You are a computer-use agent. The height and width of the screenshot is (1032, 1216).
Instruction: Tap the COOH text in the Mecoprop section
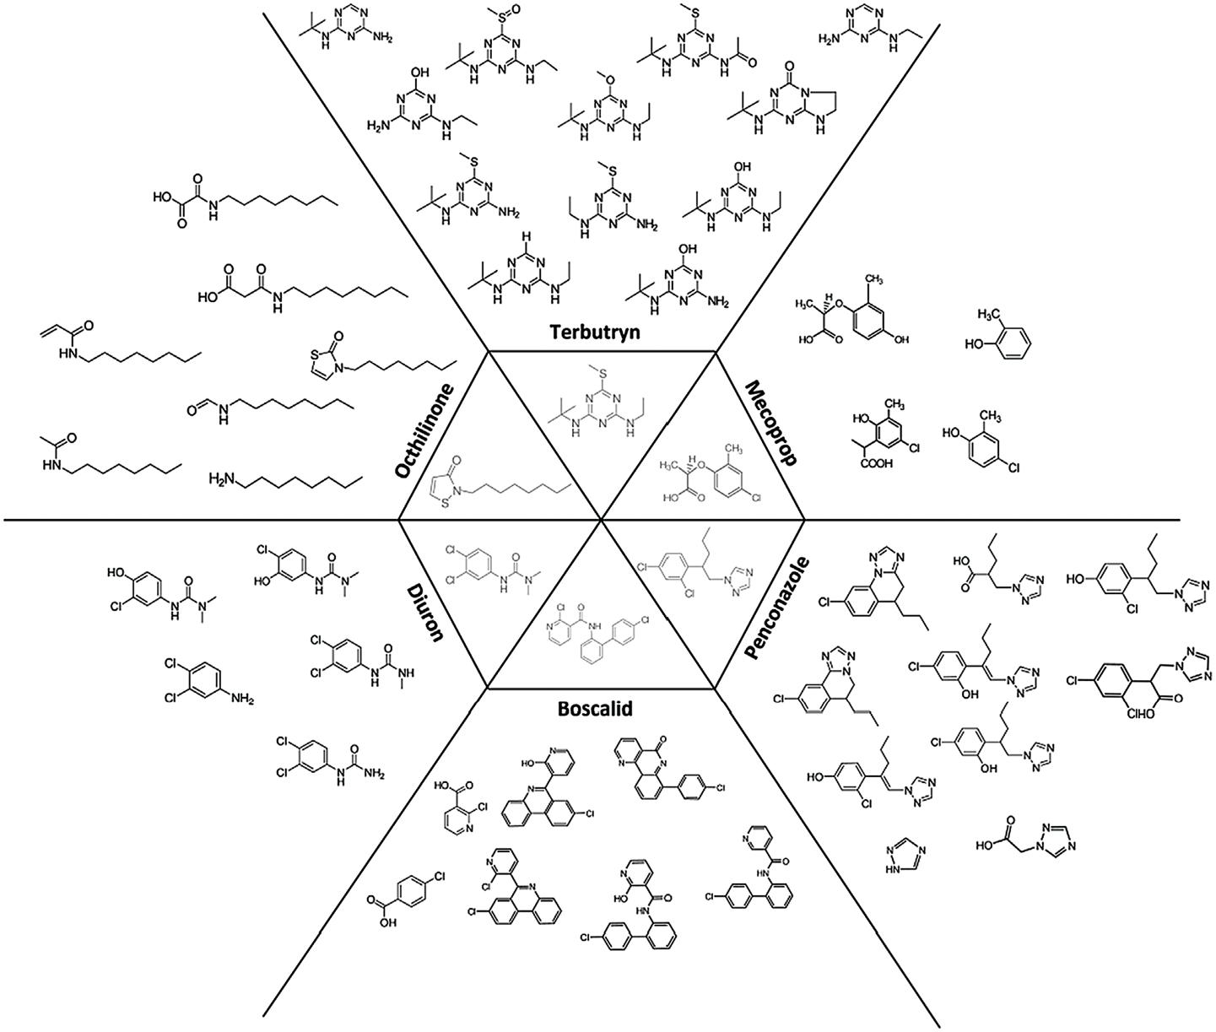(878, 484)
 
